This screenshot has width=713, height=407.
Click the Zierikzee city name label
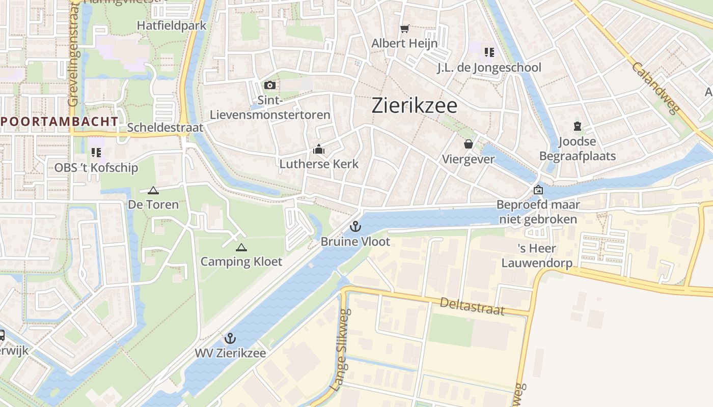415,105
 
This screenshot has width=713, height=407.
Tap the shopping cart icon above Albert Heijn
405,29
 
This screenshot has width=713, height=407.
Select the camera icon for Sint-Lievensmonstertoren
270,85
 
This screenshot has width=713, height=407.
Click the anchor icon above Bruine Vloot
355,226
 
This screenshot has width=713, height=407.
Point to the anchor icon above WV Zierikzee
230,338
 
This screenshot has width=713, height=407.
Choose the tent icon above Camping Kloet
241,247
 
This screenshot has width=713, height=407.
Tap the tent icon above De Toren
153,191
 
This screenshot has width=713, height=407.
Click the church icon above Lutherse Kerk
319,150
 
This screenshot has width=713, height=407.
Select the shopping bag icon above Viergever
469,144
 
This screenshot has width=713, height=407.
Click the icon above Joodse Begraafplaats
578,126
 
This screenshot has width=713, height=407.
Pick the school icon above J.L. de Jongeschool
489,52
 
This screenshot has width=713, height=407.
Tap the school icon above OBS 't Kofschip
96,152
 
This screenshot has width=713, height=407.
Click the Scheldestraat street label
165,128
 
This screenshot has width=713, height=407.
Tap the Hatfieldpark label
172,25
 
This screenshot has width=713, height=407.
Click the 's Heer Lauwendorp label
537,255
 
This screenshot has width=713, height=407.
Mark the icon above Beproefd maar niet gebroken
538,190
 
